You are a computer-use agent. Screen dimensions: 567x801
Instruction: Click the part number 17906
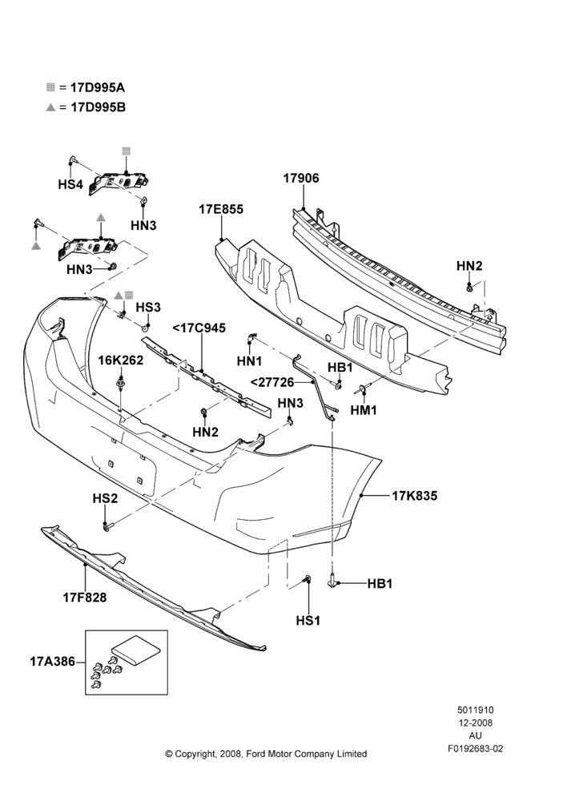click(x=301, y=179)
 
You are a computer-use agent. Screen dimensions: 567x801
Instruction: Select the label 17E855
click(x=221, y=209)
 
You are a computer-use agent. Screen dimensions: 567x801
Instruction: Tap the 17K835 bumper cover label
click(x=415, y=496)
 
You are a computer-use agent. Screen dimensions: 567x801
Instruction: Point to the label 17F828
click(x=85, y=598)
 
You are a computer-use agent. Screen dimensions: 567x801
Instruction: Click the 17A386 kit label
click(x=52, y=662)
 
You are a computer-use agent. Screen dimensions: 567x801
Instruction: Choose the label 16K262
click(x=121, y=360)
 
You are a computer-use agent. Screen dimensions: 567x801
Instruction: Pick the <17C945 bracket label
click(x=199, y=328)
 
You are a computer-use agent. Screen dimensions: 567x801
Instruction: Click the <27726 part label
click(x=273, y=382)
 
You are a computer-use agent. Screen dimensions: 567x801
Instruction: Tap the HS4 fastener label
click(x=70, y=184)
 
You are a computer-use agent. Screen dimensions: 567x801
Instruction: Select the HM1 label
click(x=364, y=409)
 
